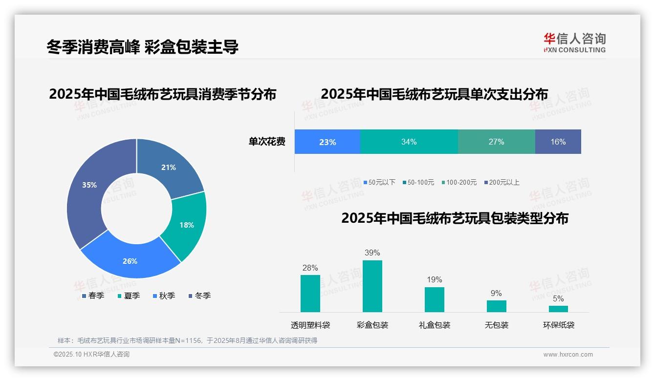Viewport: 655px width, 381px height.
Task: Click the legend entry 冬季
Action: [x=199, y=296]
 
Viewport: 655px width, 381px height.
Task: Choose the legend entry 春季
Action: [x=93, y=296]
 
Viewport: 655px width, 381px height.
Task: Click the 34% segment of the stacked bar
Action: [x=409, y=142]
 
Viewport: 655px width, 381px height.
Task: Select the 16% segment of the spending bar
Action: [x=558, y=142]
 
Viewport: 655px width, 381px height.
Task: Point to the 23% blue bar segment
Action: [x=327, y=142]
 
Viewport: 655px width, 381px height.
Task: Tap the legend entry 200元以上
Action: [x=502, y=182]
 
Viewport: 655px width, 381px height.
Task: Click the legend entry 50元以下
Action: [x=379, y=182]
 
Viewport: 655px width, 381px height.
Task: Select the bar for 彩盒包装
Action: [x=372, y=286]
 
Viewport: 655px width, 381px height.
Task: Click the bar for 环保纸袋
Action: [x=558, y=309]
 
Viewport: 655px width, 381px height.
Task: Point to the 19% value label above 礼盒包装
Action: [x=434, y=279]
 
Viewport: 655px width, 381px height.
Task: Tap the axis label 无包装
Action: [x=496, y=325]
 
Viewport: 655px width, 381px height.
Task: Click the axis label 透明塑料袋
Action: [x=310, y=325]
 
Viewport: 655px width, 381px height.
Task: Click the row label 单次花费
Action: [x=266, y=142]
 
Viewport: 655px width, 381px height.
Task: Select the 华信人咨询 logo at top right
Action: [x=574, y=42]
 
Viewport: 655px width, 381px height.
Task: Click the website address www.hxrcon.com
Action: [x=568, y=354]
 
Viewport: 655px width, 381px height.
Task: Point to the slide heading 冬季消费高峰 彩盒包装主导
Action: [x=142, y=47]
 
